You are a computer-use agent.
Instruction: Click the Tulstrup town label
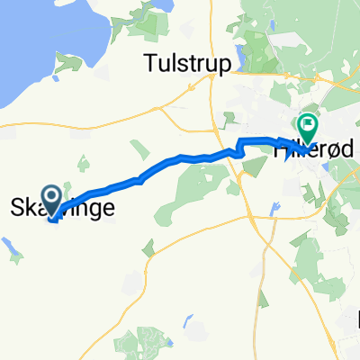[x=188, y=62]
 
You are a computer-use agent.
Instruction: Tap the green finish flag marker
[x=307, y=128]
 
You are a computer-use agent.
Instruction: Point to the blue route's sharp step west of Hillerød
[x=240, y=146]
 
